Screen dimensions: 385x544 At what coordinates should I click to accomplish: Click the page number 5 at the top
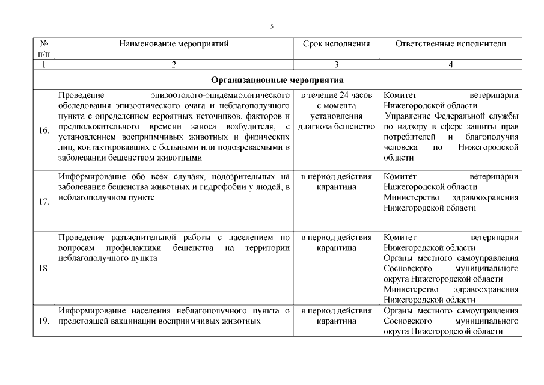tap(272, 26)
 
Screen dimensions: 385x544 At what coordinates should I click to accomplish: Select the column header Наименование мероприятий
tap(174, 43)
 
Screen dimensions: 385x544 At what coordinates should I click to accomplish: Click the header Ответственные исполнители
tap(450, 43)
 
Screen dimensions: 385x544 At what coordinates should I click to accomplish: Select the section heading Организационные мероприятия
tap(277, 79)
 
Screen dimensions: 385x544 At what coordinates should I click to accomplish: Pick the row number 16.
tap(43, 130)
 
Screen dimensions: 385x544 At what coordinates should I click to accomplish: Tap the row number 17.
tap(43, 202)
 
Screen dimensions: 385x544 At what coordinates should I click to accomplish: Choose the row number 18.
tap(43, 268)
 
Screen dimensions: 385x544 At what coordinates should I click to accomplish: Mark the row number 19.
tap(43, 321)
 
